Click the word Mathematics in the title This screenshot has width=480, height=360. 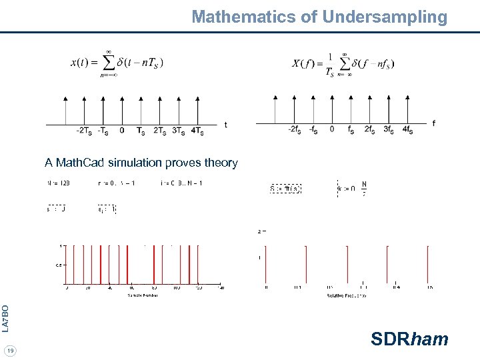(244, 17)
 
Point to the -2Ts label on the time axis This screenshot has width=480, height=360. (83, 131)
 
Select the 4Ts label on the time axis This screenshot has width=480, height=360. (197, 131)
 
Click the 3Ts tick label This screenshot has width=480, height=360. (179, 131)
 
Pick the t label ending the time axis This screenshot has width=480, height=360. (226, 125)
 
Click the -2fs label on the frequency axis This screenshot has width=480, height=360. (293, 129)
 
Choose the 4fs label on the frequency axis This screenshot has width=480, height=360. (406, 130)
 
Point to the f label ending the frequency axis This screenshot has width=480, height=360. (434, 123)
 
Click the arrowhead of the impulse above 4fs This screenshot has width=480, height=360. (406, 98)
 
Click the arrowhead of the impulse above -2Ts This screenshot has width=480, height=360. (84, 98)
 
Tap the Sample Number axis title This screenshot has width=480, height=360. (143, 294)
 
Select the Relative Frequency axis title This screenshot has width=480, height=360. (345, 294)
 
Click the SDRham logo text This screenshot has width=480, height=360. (409, 339)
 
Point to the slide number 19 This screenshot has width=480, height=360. (9, 351)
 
